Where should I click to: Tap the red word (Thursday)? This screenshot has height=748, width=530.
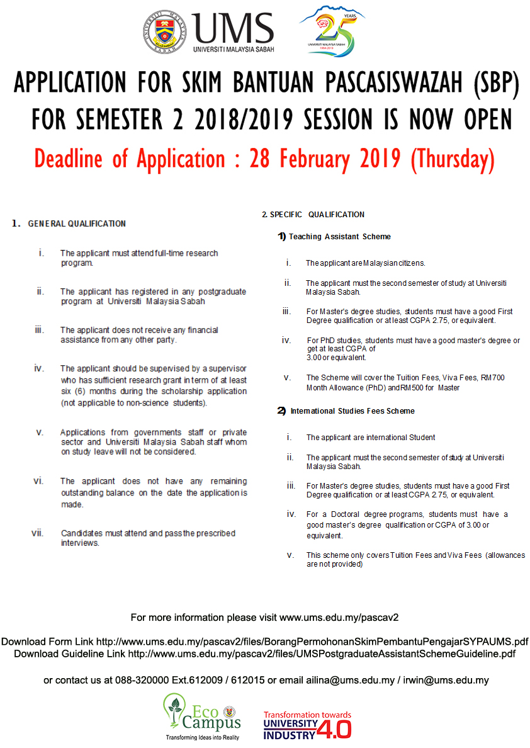pos(452,158)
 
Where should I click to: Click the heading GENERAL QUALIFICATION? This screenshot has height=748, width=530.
pos(77,224)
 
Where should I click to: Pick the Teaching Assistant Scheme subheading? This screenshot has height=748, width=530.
pos(339,237)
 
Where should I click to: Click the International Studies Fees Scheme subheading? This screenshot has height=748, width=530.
pos(352,411)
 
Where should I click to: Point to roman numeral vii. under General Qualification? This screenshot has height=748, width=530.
pos(37,533)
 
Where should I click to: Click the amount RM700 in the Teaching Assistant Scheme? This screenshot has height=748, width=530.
pos(493,378)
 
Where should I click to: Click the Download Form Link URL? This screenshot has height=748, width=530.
pos(312,642)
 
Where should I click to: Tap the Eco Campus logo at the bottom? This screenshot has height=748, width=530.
pos(202,717)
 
